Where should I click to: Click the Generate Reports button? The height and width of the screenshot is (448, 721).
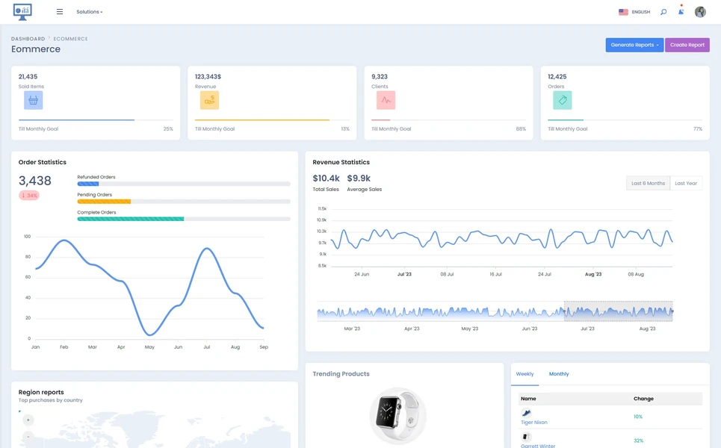coord(634,45)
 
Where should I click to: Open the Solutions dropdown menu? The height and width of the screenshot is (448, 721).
coord(90,12)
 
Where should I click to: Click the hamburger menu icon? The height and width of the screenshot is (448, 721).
coord(60,12)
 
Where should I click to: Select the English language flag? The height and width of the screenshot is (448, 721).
coord(623,12)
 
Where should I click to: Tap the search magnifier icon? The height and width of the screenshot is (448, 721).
coord(663,12)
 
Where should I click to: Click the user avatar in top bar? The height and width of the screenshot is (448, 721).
coord(700,12)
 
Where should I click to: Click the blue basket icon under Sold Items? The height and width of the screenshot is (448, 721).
coord(33,100)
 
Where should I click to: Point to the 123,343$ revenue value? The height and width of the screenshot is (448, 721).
coord(208,77)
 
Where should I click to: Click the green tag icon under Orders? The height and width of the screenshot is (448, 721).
coord(562,100)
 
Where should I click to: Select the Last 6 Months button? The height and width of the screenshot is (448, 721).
coord(647,183)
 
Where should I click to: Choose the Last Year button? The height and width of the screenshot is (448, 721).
coord(685,183)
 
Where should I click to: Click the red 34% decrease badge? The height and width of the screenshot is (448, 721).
coord(29,196)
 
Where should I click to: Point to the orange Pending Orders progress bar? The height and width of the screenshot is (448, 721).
coord(104,202)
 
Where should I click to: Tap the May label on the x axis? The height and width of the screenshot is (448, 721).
coord(149,347)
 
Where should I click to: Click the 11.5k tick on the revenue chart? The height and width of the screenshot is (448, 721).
coord(322,209)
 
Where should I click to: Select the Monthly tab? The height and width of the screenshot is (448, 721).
coord(558,374)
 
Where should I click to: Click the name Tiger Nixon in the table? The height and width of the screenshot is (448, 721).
coord(533,423)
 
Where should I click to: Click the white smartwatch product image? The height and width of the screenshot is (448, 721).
coord(397,414)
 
